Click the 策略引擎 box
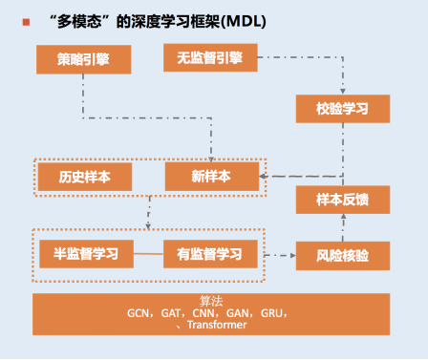pos(84,59)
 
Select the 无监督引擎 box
pos(210,57)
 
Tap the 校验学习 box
pos(343,109)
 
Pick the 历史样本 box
pos(85,177)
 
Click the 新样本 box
pos(212,177)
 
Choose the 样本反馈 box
pos(343,200)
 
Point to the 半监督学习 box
pos(86,254)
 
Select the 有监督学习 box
pos(210,254)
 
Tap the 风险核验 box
pos(343,256)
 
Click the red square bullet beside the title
pos(26,22)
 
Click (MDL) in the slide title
pos(244,22)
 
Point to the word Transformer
pos(217,325)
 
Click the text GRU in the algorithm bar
pos(271,313)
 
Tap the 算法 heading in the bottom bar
pos(211,301)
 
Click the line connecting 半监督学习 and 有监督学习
pos(148,254)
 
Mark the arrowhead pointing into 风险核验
pos(293,255)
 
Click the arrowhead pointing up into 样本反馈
pos(343,217)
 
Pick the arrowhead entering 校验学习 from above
pos(343,92)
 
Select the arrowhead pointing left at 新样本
pos(263,177)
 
